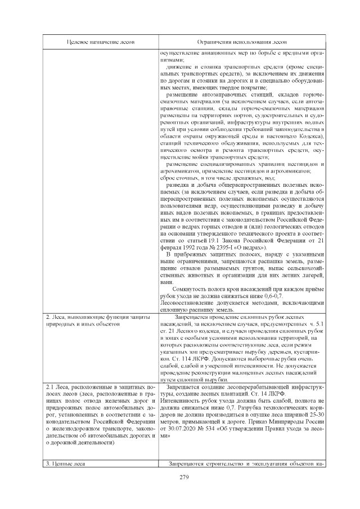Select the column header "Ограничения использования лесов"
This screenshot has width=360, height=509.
[242, 42]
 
